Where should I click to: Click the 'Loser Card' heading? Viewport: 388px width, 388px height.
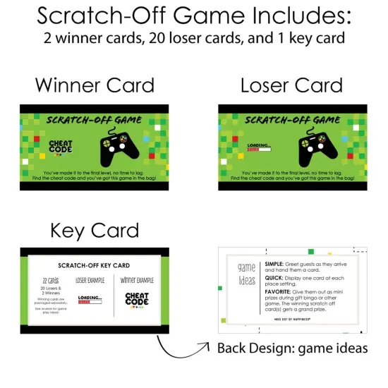click(x=291, y=86)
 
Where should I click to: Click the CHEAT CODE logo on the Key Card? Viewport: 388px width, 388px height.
click(x=137, y=300)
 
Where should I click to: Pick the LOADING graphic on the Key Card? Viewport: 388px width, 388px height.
click(x=90, y=301)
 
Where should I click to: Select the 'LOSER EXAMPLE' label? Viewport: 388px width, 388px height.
click(x=90, y=281)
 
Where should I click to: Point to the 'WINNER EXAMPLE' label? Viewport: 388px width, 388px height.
click(x=137, y=280)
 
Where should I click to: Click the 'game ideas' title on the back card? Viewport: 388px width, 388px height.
click(x=246, y=274)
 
